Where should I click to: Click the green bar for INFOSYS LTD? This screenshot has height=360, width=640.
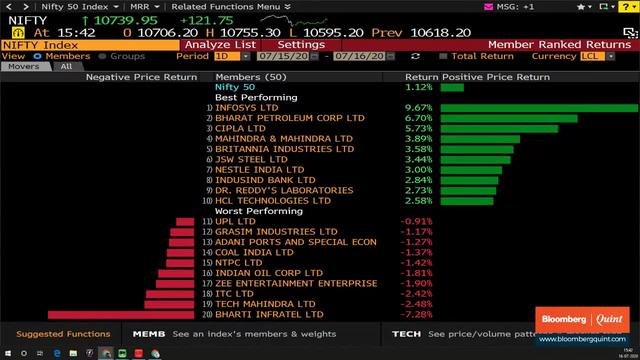pos(538,108)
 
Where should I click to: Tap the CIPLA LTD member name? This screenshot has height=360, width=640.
pos(240,129)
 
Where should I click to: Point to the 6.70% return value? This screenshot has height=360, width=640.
pos(417,118)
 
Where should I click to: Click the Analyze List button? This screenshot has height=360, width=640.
pos(220,45)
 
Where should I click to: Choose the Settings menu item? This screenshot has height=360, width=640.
pos(300,45)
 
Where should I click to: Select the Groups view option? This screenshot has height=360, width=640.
pos(127,56)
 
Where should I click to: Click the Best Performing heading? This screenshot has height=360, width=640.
pos(255,97)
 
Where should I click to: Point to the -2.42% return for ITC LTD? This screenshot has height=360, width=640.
pos(417,294)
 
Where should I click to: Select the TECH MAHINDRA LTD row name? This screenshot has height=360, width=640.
pos(265,304)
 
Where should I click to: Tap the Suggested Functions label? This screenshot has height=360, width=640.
pos(63,334)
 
